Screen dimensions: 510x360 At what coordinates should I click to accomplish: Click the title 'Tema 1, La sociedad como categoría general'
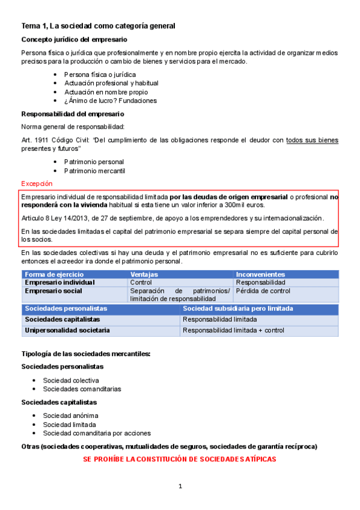tap(98, 26)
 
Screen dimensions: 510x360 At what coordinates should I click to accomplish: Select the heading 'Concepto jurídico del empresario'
tap(74, 39)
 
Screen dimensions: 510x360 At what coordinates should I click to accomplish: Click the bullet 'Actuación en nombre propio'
tap(106, 92)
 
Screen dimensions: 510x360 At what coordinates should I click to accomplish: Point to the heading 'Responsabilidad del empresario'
tap(73, 114)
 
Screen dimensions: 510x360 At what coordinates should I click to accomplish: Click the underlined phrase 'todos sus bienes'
tap(312, 140)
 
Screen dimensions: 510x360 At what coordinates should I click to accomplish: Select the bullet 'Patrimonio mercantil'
tap(94, 171)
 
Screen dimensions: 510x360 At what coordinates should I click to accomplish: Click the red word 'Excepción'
tap(37, 183)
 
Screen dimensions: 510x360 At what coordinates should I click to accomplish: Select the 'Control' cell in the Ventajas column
tap(141, 283)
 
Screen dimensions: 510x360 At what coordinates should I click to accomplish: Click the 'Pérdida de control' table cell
tap(264, 290)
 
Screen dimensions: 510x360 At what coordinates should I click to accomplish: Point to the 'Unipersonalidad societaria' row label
tap(67, 331)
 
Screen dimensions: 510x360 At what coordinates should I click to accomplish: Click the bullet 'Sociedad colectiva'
tap(71, 380)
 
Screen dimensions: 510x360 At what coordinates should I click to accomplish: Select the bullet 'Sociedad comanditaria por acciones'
tap(97, 433)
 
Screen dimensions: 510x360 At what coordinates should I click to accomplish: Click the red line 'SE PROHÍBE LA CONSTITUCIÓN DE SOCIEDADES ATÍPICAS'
tap(179, 459)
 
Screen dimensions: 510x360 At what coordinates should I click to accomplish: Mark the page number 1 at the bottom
tap(180, 486)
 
